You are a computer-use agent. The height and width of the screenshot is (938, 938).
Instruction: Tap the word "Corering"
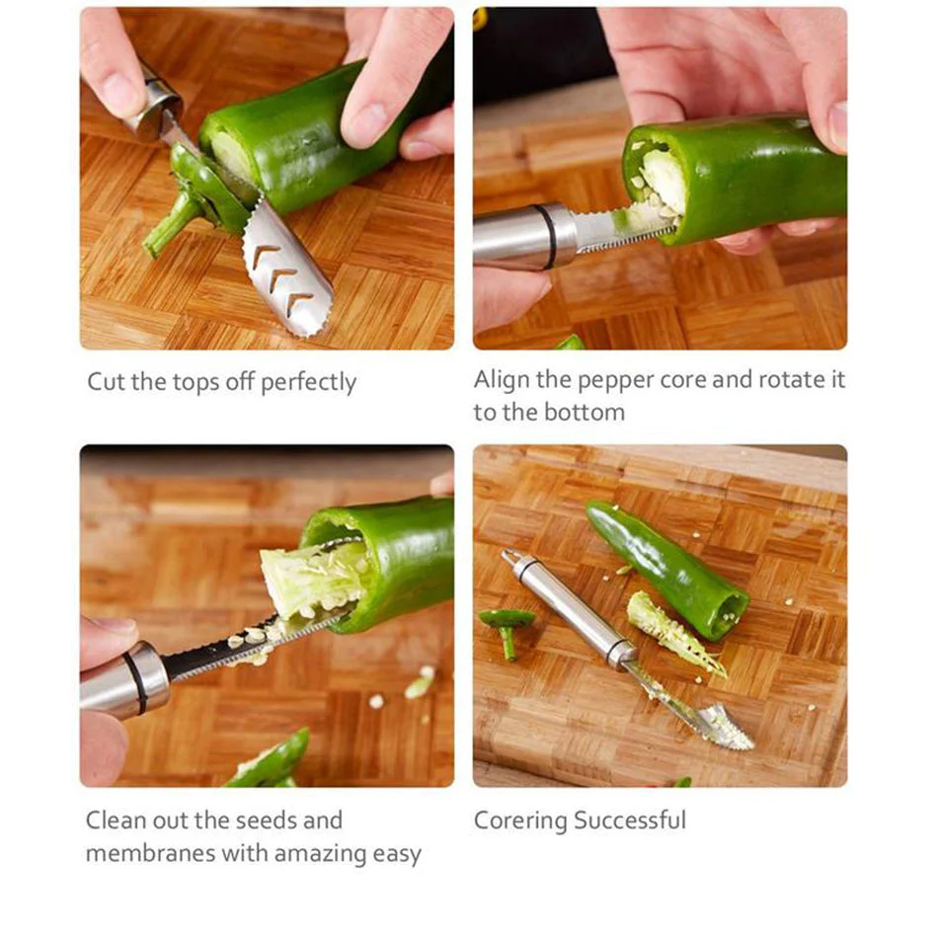pyautogui.click(x=520, y=821)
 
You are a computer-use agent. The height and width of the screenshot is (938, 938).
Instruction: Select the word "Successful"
pyautogui.click(x=630, y=821)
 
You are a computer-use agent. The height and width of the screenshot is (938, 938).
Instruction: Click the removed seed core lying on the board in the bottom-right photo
pyautogui.click(x=673, y=633)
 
